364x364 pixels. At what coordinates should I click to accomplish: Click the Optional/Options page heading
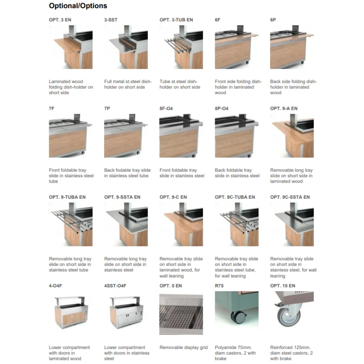tap(78, 6)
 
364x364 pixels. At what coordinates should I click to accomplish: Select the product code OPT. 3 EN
tap(60, 20)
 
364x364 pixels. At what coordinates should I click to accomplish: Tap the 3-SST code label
tap(111, 20)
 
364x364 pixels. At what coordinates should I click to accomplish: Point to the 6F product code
tap(218, 20)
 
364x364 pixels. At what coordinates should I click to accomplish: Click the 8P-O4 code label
tap(221, 108)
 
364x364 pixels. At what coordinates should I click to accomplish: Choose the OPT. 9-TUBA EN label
tap(67, 197)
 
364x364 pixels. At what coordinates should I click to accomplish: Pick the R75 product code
tap(219, 286)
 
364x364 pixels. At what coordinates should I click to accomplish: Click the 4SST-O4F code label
tap(115, 286)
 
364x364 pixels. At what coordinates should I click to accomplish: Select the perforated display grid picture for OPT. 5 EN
tap(181, 314)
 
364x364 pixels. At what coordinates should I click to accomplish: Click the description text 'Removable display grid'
tap(183, 348)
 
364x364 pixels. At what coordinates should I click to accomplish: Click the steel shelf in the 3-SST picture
tap(122, 45)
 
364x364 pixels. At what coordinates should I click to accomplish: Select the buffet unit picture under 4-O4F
tap(71, 312)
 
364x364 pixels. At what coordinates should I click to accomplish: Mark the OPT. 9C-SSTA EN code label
tap(290, 197)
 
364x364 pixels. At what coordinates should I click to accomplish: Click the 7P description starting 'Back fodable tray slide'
tap(127, 173)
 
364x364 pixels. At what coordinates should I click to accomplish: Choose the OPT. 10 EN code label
tap(282, 286)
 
